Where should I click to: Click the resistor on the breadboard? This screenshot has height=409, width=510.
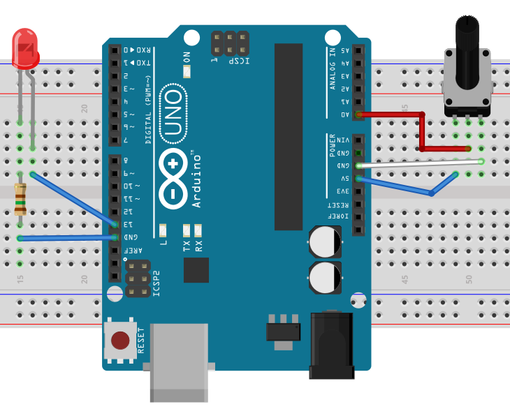click(20, 198)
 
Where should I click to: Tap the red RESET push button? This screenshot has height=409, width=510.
click(120, 340)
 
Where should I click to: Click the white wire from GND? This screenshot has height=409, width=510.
click(419, 163)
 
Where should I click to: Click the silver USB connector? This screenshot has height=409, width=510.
click(180, 362)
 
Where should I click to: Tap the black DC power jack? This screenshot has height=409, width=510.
click(331, 345)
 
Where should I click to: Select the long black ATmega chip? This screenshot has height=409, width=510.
click(289, 136)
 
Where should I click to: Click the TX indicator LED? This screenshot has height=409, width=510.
click(187, 230)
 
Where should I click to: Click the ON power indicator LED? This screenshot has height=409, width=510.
click(187, 70)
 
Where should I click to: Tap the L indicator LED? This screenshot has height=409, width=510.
click(163, 230)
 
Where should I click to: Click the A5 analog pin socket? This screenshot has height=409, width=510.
click(358, 51)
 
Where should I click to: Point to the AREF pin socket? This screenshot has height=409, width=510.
click(115, 250)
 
